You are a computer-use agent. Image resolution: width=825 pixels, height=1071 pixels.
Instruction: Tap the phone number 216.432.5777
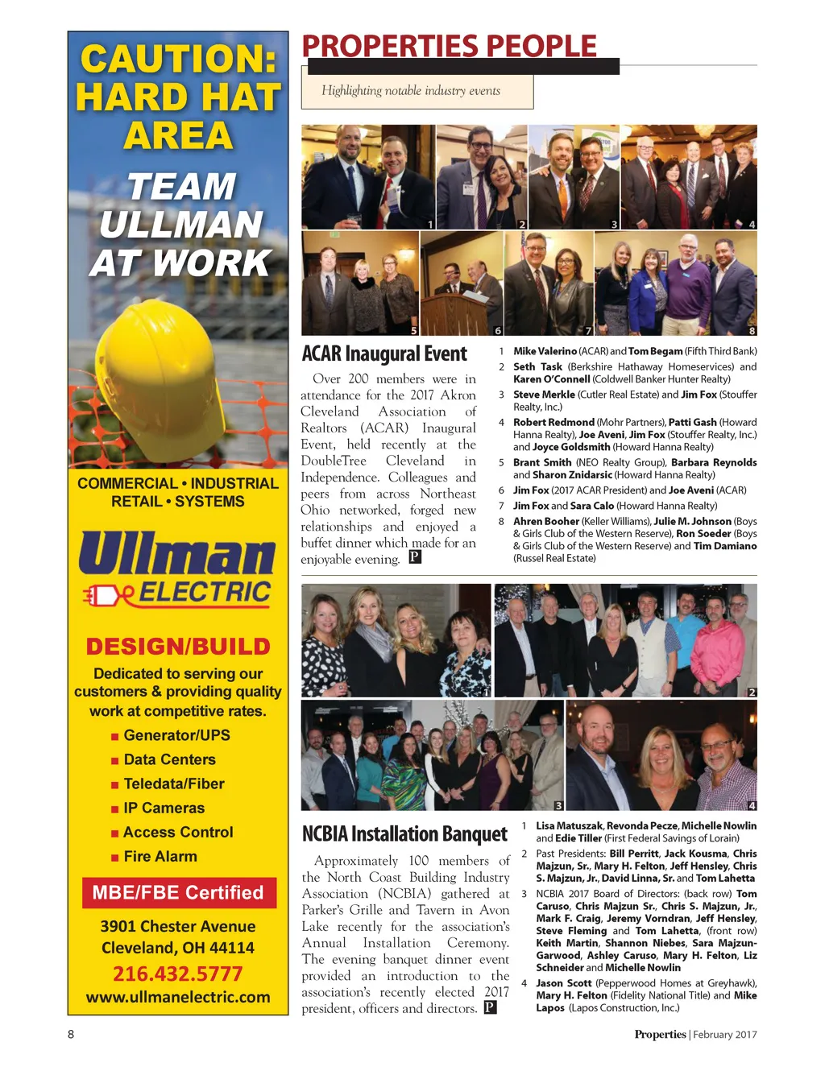177,974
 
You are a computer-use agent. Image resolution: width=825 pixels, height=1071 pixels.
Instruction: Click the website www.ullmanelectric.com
178,997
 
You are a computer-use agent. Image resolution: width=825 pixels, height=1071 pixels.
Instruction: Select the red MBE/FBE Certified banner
178,892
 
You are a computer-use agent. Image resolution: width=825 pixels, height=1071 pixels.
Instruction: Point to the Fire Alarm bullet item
160,856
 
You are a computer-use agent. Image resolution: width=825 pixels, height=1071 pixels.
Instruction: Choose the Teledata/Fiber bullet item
173,784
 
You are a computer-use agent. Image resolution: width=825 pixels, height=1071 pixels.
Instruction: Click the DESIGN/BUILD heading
178,647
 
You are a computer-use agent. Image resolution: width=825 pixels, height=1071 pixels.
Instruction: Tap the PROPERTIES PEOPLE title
449,46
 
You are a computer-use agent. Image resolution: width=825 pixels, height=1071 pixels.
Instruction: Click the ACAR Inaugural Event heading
383,354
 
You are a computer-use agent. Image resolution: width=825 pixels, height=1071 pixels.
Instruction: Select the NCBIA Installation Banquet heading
404,833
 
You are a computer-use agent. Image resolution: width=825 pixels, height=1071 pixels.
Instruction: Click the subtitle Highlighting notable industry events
411,91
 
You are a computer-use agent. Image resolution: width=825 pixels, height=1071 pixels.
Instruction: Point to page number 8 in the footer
71,1034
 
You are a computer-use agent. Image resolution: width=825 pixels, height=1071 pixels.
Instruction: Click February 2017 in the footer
724,1035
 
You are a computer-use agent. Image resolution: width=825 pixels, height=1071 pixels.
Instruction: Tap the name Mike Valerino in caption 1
545,351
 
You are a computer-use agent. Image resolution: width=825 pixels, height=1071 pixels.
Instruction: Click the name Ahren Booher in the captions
546,521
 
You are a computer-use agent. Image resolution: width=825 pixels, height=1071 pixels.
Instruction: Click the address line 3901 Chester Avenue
178,926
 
